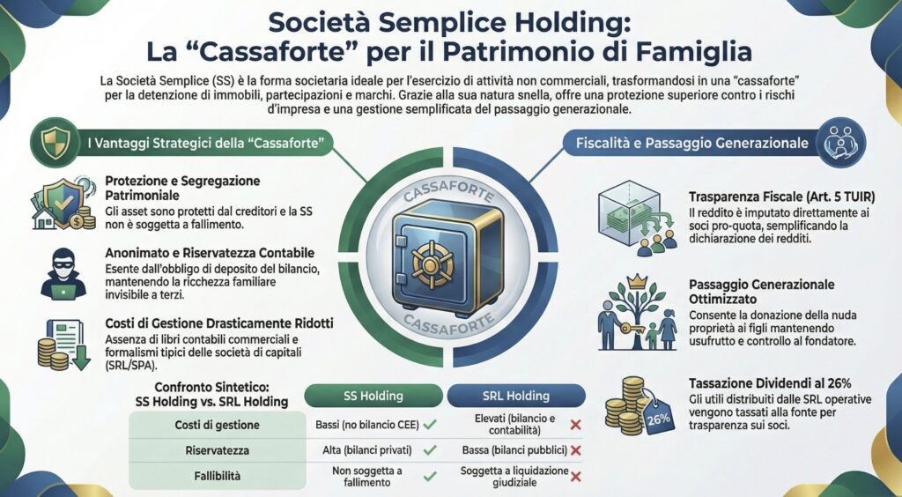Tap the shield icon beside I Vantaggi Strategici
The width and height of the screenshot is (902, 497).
click(x=49, y=140)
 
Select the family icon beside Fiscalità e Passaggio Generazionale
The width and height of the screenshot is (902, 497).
click(x=841, y=141)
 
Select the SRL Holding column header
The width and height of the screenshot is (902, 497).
click(x=515, y=396)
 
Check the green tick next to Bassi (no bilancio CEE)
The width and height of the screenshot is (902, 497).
click(x=430, y=425)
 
